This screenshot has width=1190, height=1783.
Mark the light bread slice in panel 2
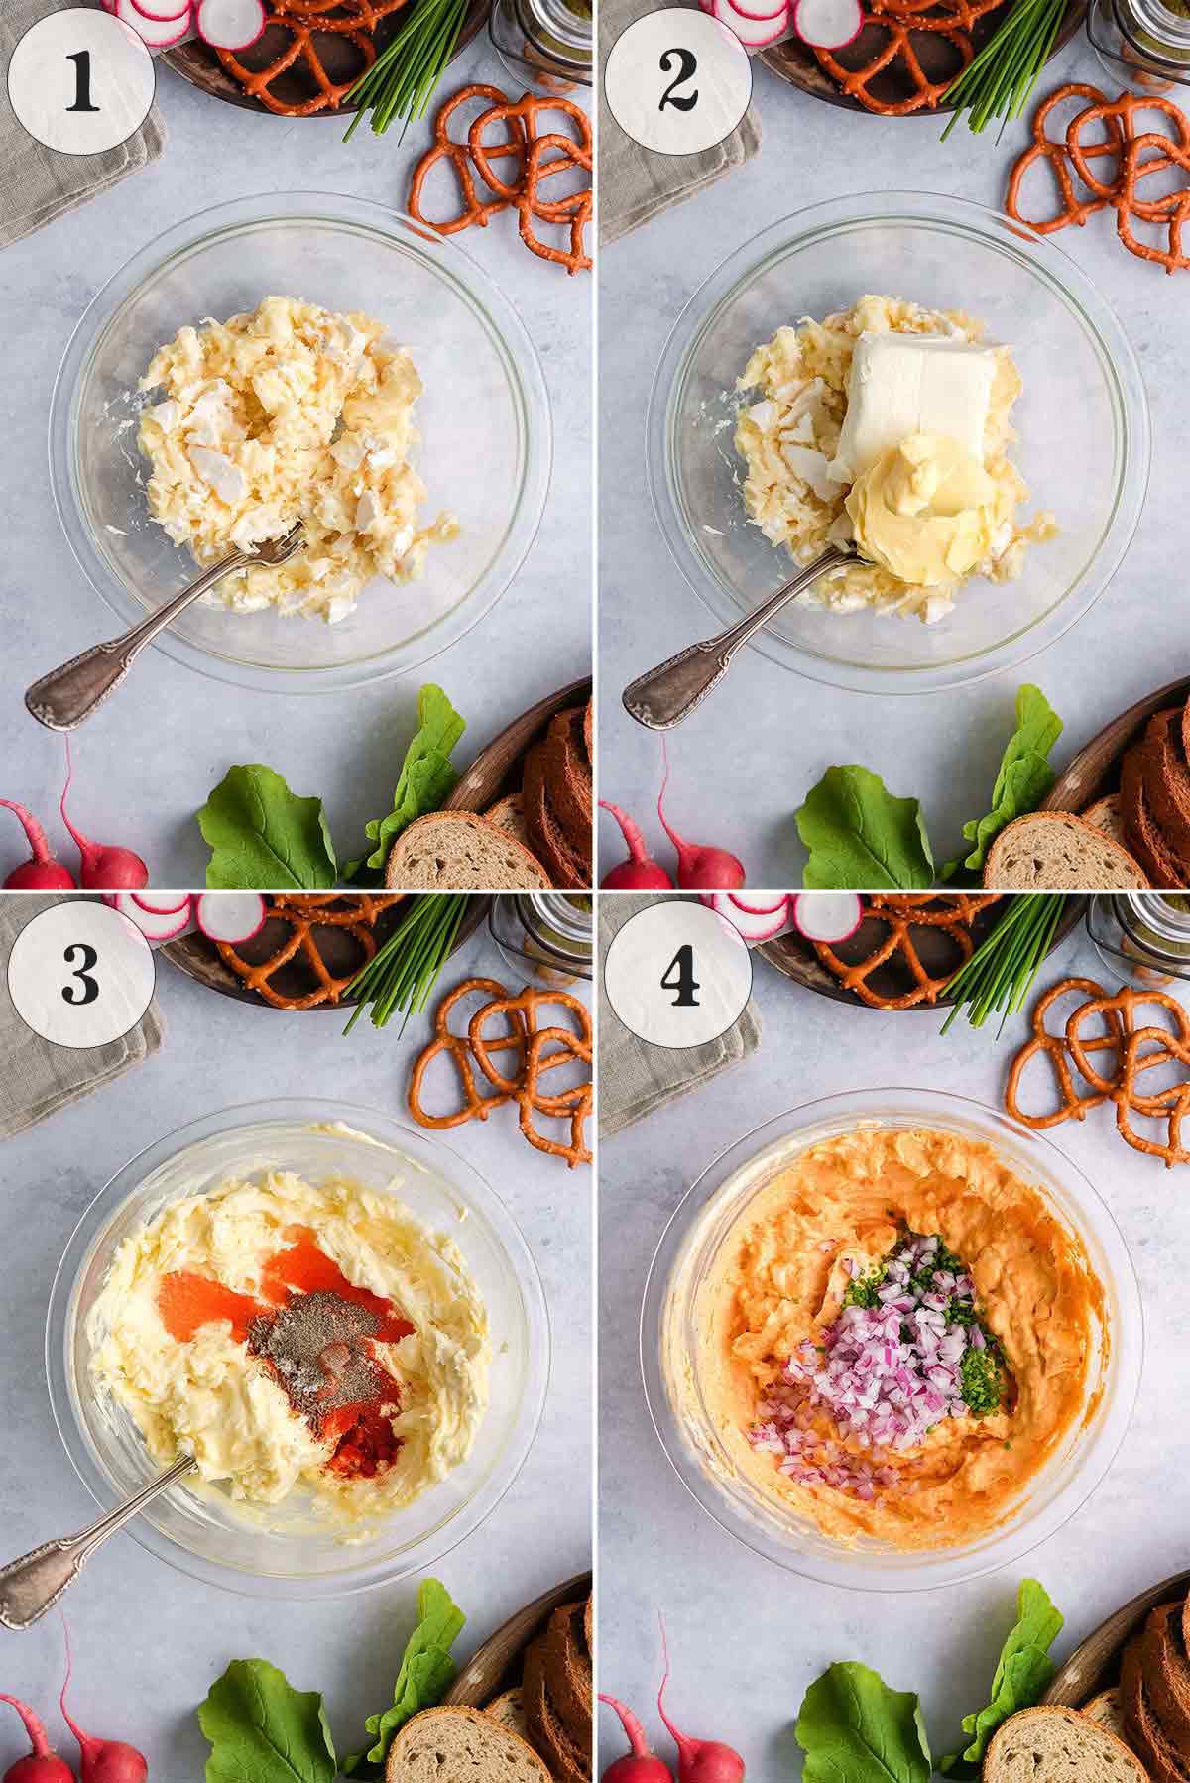tap(1056, 848)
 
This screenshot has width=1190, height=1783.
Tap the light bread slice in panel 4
tap(1056, 1740)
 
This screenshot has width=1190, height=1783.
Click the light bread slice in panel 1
tap(461, 848)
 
